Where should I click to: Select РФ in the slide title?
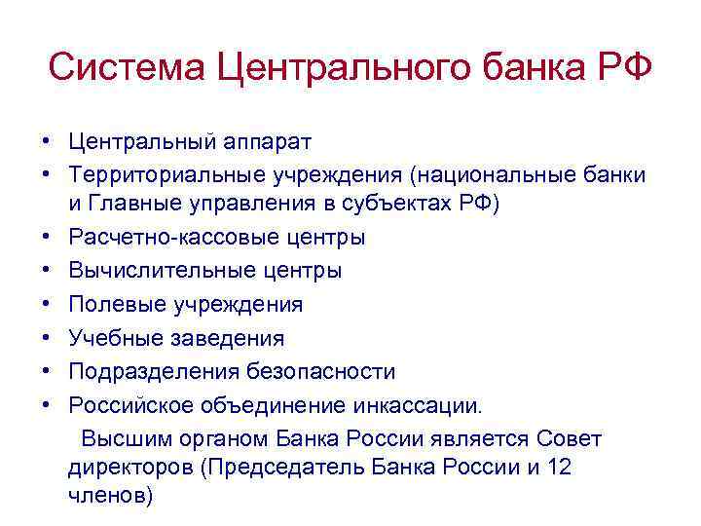point(621,69)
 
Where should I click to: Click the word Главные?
point(145,204)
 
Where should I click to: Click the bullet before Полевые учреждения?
point(46,305)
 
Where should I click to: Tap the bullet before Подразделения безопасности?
point(46,371)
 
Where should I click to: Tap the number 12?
point(560,467)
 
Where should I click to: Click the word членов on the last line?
point(109,495)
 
